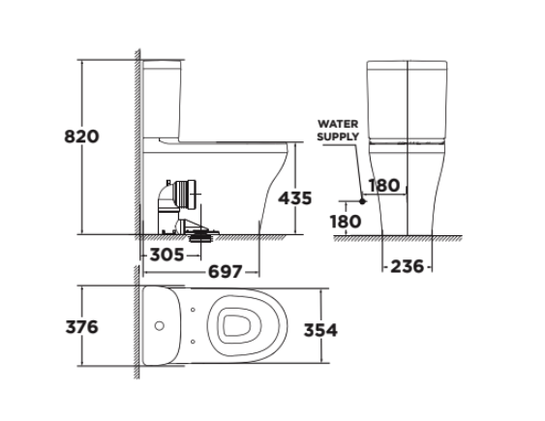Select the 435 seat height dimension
pyautogui.click(x=294, y=197)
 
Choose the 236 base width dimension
pyautogui.click(x=406, y=266)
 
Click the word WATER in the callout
pyautogui.click(x=337, y=124)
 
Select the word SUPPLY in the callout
pyautogui.click(x=338, y=137)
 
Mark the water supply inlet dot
pyautogui.click(x=362, y=200)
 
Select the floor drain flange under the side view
pyautogui.click(x=201, y=231)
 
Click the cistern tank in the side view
pyautogui.click(x=164, y=97)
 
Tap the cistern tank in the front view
pyautogui.click(x=407, y=97)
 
